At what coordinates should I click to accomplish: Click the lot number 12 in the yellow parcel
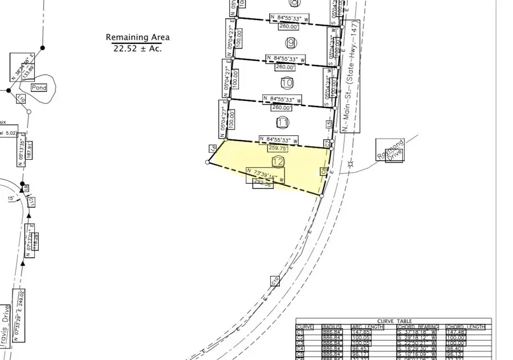click(278, 162)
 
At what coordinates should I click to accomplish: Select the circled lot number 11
click(282, 122)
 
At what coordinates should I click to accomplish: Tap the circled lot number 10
click(287, 83)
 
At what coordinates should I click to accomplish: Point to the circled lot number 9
click(291, 43)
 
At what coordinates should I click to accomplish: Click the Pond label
click(38, 88)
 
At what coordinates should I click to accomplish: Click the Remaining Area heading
click(137, 38)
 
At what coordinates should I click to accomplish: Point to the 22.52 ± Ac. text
click(137, 48)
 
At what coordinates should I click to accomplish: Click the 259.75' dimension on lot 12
click(279, 148)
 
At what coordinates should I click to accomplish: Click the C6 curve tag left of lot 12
click(213, 148)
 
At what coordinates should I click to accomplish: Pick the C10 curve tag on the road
click(275, 281)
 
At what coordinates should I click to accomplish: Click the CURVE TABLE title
click(393, 321)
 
